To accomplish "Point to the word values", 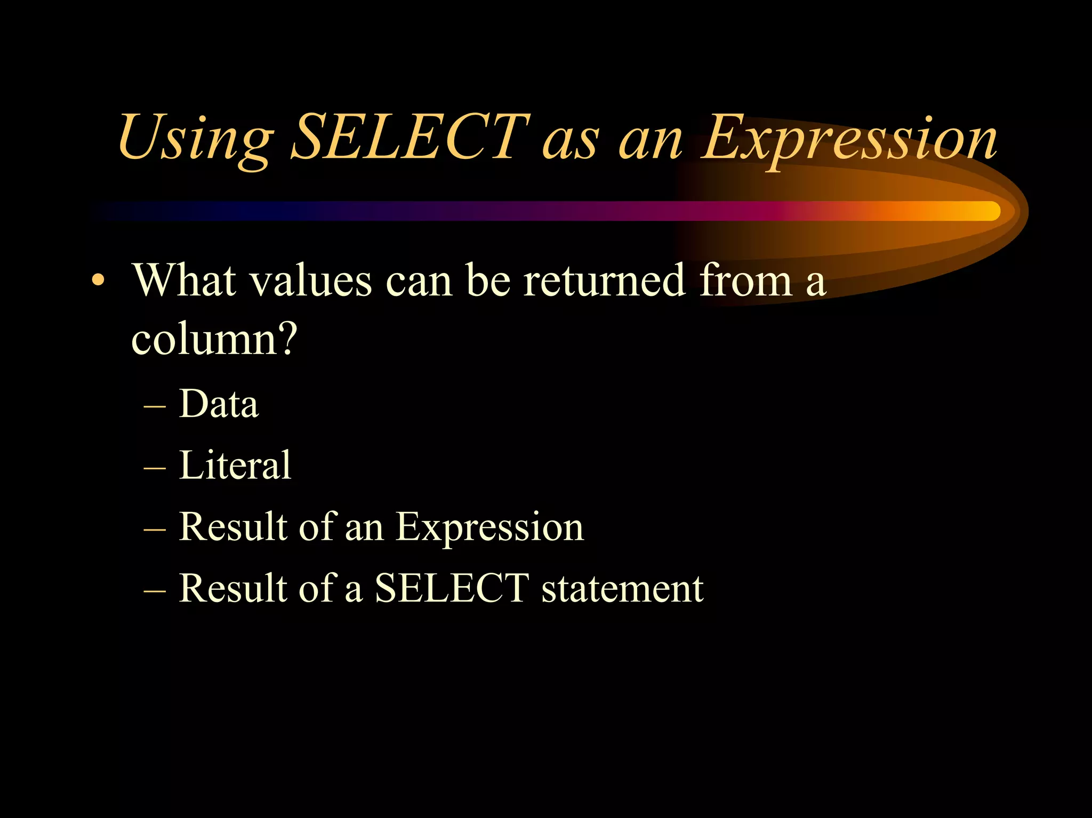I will coord(311,281).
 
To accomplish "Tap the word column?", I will coord(214,340).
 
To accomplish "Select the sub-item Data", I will coord(219,404).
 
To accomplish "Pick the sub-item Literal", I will coord(235,465).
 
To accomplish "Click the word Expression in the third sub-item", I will coord(489,527).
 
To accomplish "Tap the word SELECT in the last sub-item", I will coord(452,588).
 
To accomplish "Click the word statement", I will coord(622,589).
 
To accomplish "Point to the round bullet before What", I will coord(97,280).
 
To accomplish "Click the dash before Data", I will coord(155,407).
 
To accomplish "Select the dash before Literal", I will coord(155,468).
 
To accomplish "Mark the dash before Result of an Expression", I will coord(155,530).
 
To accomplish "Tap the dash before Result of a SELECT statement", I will coord(155,591).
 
